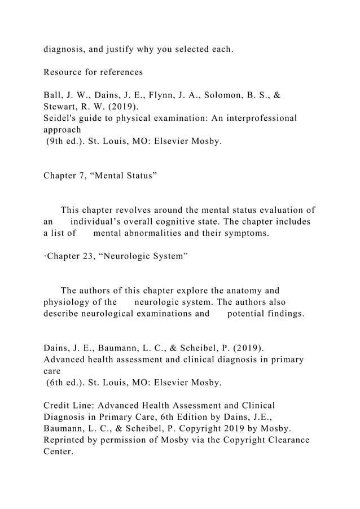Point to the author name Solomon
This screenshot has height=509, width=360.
coord(222,96)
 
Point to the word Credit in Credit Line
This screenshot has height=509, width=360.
coord(59,406)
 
